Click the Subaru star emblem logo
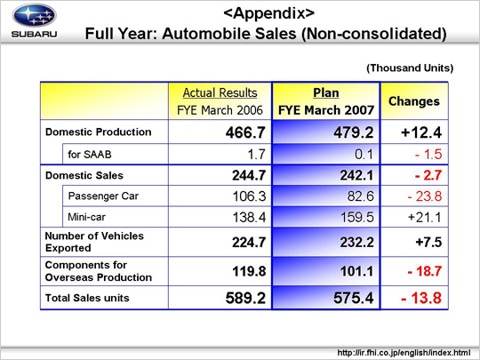35,15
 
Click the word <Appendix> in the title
268,13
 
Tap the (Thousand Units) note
410,68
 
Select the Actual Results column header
220,92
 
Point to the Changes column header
414,101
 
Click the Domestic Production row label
99,132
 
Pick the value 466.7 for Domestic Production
245,132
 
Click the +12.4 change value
421,132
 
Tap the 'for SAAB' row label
90,155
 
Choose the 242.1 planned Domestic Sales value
357,175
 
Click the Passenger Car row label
103,196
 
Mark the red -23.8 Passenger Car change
425,196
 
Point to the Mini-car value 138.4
249,218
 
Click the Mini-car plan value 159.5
357,218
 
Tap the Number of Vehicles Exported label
94,242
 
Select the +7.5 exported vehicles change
428,242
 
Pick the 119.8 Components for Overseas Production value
249,271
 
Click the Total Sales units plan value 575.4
354,298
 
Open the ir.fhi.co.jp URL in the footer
404,353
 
